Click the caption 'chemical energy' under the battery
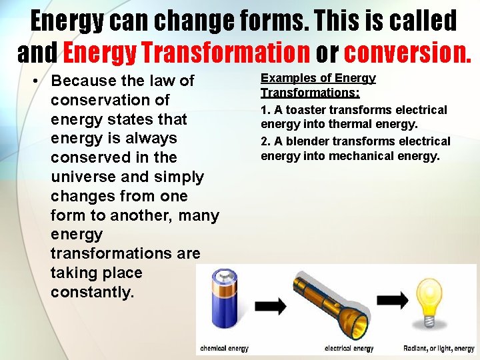click(225, 349)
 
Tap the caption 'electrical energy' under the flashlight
click(349, 349)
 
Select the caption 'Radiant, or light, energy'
click(439, 349)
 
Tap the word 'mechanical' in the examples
click(352, 156)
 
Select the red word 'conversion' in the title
click(407, 52)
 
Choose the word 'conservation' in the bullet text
click(110, 101)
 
